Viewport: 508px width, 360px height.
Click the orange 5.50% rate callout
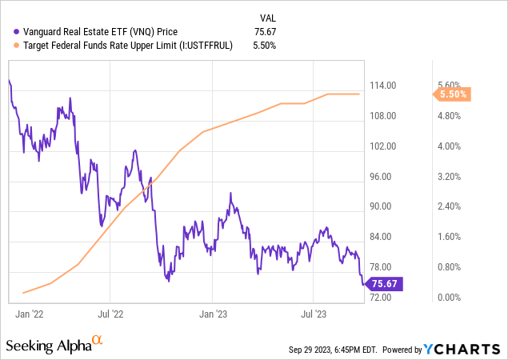pos(453,94)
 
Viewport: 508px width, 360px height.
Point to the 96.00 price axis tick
pos(382,177)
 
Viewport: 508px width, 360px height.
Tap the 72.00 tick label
pos(382,298)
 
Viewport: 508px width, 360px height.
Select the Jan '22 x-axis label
pos(29,315)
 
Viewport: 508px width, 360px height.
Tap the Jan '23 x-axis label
pos(214,315)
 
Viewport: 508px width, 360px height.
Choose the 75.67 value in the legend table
pos(266,32)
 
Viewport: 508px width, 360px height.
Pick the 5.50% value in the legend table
pos(265,46)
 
